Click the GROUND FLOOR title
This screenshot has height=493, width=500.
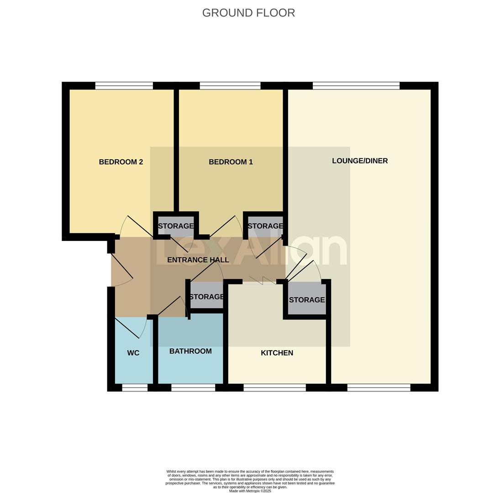tap(248, 13)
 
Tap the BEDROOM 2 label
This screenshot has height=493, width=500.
tap(121, 162)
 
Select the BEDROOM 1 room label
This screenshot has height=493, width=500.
tap(231, 162)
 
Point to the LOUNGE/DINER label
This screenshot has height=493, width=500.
tap(360, 161)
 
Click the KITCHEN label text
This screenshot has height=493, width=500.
tap(277, 353)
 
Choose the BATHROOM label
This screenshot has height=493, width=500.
tap(190, 351)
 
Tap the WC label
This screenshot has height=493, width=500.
tap(133, 353)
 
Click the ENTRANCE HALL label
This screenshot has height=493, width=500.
tap(198, 260)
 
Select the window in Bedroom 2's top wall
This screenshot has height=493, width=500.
tap(124, 86)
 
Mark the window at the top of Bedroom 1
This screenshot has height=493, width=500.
tap(230, 86)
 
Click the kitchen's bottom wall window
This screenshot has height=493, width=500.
tap(274, 388)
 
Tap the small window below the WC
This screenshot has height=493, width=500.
tap(135, 388)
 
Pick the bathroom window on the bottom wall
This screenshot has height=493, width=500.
tap(193, 388)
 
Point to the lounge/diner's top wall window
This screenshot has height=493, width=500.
tap(356, 86)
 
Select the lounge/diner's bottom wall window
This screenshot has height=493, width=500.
tap(379, 388)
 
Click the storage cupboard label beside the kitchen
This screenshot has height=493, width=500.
tap(307, 300)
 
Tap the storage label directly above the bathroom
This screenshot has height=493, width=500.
tap(206, 297)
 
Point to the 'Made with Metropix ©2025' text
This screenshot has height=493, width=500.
tap(250, 491)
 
